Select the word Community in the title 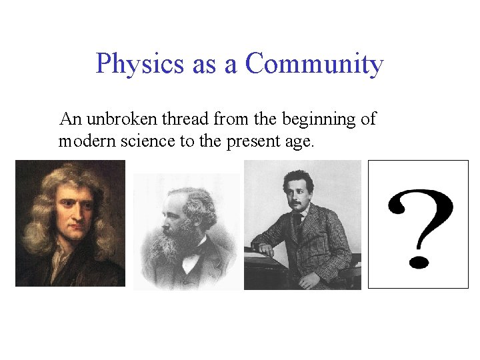click(x=314, y=64)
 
